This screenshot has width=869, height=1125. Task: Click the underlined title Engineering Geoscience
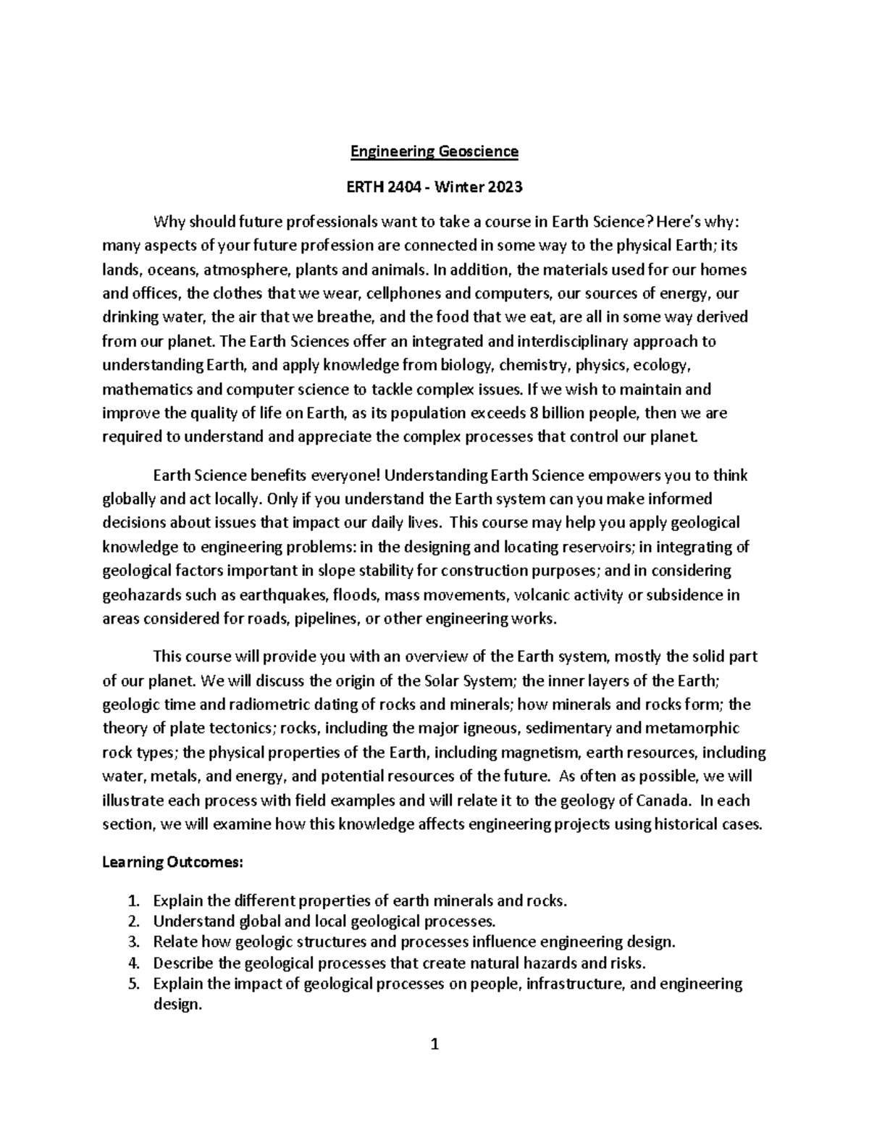point(434,151)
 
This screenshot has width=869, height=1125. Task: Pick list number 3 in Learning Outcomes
point(131,942)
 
